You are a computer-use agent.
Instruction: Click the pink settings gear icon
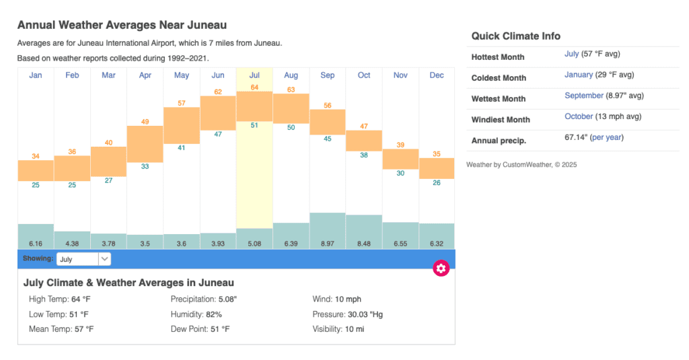tap(441, 268)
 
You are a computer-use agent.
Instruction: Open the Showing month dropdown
tap(84, 259)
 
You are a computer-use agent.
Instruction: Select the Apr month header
tap(145, 75)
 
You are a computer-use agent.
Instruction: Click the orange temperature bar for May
tap(182, 125)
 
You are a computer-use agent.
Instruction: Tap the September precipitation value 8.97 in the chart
tap(328, 243)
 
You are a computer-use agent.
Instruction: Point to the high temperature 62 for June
tap(218, 92)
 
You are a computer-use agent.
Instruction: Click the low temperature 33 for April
tap(145, 166)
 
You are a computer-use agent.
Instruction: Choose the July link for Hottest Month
tap(571, 54)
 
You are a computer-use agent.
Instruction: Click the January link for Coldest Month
tap(579, 75)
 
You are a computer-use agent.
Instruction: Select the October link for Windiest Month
tap(579, 116)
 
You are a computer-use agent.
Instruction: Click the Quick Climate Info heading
tap(515, 36)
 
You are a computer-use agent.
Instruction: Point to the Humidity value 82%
tap(214, 314)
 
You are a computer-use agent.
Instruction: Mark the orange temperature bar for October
tap(364, 141)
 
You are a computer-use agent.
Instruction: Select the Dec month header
tap(437, 75)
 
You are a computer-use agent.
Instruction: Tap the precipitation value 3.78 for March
tap(109, 243)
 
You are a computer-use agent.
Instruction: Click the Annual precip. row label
tap(499, 141)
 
